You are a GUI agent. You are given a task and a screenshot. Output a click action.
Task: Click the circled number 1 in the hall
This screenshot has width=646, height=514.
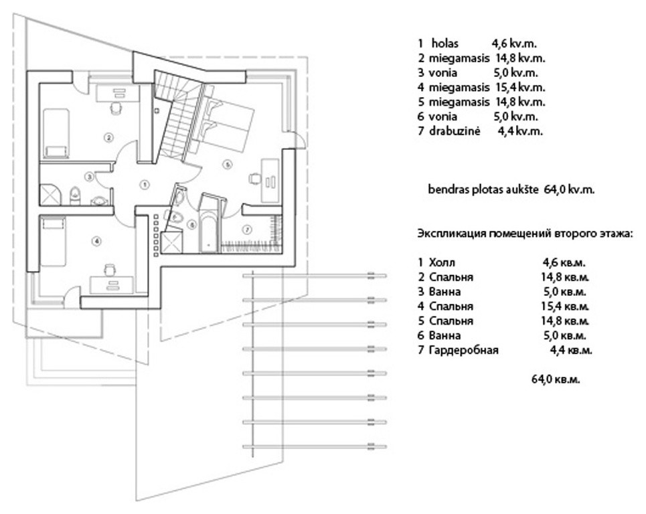pos(144,185)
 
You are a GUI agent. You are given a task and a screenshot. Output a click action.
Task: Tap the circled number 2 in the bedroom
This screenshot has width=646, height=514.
pos(108,138)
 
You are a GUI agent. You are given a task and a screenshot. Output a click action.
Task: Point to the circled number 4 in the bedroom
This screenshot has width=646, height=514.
pos(97,241)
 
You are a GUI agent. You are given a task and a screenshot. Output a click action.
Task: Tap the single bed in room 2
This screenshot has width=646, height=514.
pos(56,133)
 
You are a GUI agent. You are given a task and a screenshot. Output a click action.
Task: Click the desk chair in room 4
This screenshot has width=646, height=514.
pos(110,270)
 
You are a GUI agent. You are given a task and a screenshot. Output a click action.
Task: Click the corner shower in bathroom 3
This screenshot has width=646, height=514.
pos(50,195)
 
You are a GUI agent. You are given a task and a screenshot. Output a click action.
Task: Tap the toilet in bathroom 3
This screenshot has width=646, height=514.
pos(74,197)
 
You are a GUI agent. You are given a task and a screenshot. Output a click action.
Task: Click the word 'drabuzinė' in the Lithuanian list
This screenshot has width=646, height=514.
pos(455,131)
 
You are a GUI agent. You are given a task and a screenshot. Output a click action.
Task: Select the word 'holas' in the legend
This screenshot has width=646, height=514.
pos(445,44)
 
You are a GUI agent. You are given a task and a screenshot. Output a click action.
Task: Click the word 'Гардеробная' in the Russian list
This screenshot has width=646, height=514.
pos(463,351)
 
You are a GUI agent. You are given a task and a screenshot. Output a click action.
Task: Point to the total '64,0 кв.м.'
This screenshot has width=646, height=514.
pos(556,379)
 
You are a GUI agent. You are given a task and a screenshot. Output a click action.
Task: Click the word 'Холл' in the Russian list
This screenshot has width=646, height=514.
pos(442,263)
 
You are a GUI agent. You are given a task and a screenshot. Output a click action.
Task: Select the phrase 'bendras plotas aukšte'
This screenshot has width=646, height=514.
pos(484,190)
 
